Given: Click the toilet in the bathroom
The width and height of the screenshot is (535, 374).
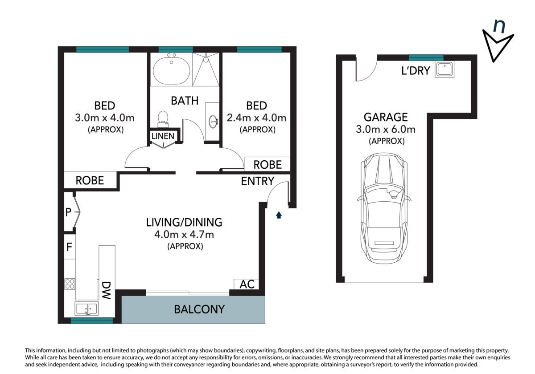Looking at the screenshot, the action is tap(163, 119).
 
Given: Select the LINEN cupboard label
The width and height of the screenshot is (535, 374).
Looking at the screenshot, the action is tap(163, 136).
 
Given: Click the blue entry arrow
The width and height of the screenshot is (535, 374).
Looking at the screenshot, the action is tap(279, 215).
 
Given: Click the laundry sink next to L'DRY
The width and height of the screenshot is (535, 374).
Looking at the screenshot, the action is tap(444, 69).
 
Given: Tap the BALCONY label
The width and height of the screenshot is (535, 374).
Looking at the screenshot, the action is tap(199, 309).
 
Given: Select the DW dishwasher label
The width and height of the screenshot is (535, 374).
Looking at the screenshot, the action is tap(106, 290).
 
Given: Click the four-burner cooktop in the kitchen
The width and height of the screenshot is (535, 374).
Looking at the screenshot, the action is tap(70, 284).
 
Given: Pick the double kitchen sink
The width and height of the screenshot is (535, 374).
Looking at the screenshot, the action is tap(86, 309).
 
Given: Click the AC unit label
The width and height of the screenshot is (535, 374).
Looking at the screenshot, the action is tap(247, 284).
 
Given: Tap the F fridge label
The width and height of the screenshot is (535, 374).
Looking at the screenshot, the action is tap(69, 247).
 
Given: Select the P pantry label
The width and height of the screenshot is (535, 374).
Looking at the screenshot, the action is tap(68, 212).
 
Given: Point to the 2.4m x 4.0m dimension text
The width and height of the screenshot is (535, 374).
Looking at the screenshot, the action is tap(256, 118).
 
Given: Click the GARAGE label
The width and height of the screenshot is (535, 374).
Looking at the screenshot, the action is tap(386, 117).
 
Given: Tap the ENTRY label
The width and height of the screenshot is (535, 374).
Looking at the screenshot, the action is tap(258, 181).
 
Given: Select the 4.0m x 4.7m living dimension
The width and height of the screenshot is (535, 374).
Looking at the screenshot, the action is tap(184, 235).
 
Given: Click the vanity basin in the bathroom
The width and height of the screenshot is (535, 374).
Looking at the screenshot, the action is tap(213, 122).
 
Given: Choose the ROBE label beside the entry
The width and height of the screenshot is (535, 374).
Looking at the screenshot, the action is tap(267, 165).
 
